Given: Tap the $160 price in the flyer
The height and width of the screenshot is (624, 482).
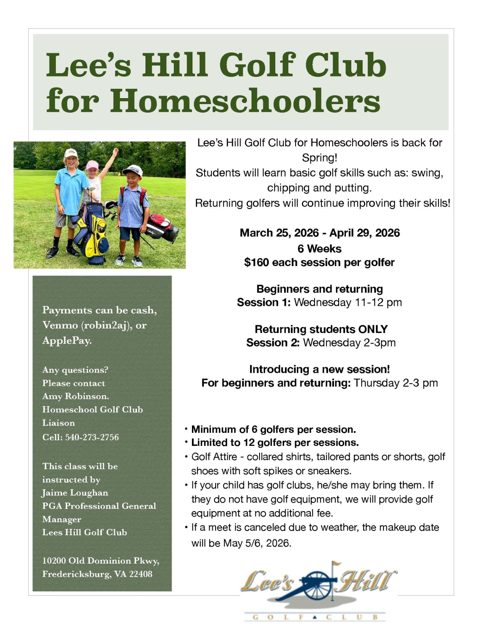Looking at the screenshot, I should tap(257, 263).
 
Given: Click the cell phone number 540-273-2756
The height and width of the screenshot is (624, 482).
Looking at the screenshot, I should tap(92, 437).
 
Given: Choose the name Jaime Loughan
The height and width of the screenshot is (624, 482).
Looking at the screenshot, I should tap(75, 493).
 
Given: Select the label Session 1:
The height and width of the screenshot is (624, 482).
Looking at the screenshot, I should tap(263, 302).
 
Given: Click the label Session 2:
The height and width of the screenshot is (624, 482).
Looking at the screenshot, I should tap(273, 343).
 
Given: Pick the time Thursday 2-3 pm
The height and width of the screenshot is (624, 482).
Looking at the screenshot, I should tap(396, 383).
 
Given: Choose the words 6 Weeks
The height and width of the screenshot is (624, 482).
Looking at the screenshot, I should tap(319, 249).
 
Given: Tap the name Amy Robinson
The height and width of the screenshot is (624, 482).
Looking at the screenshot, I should tap(75, 396).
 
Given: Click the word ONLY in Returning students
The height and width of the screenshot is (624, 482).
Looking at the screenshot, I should tap(373, 330).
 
